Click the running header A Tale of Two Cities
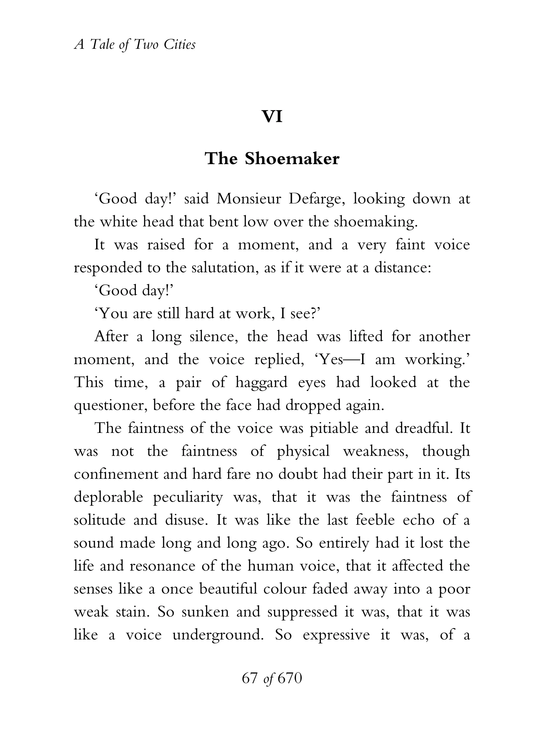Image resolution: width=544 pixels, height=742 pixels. tap(135, 44)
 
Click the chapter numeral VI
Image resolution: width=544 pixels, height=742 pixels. tap(272, 116)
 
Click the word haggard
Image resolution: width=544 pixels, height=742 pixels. tap(261, 382)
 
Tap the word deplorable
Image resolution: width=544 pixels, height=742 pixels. tap(108, 497)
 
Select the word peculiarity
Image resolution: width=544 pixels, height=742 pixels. tap(188, 497)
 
